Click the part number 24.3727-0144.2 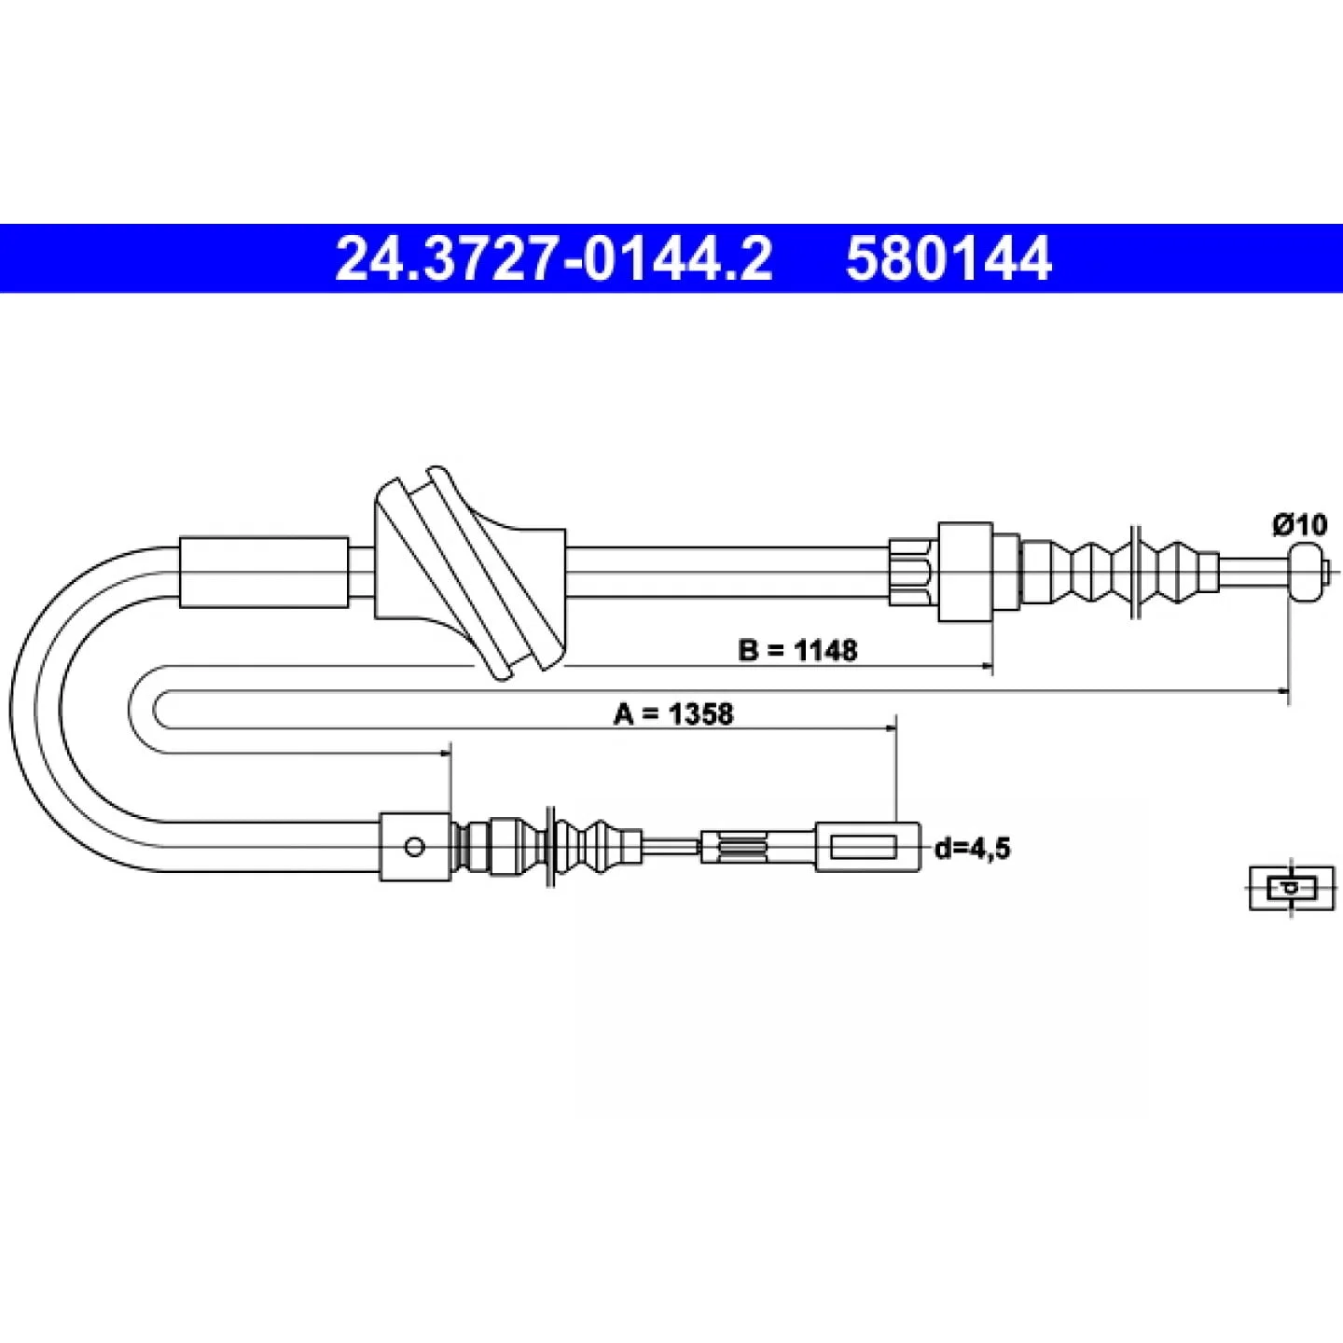tap(554, 258)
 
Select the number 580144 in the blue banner tap(948, 258)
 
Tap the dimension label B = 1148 tap(797, 650)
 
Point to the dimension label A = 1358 tap(673, 713)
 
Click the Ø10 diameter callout tap(1300, 525)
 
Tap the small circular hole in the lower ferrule tap(415, 848)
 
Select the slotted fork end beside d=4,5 tap(867, 848)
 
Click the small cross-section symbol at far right tap(1292, 888)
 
